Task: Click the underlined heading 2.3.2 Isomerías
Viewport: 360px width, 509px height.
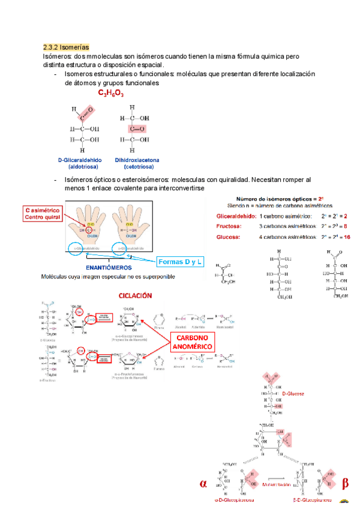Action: [x=66, y=47]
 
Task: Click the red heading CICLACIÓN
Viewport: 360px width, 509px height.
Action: [x=135, y=296]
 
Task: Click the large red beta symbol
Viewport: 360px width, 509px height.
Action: [x=344, y=484]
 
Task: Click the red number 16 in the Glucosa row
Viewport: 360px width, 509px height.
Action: [x=346, y=237]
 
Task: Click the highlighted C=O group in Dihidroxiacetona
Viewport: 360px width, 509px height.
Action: [x=137, y=128]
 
